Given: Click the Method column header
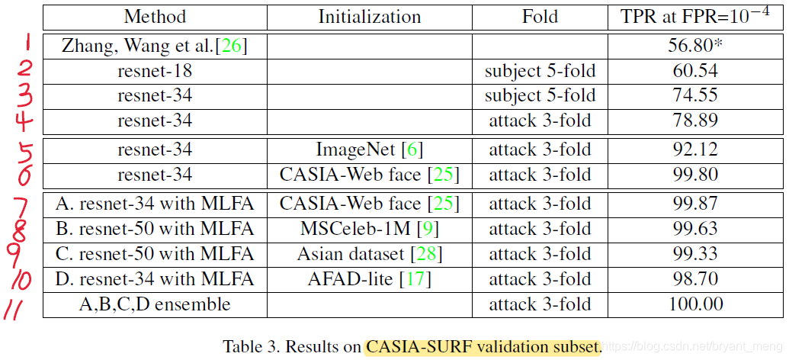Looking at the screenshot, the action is [155, 16].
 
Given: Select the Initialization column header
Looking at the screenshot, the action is [369, 16].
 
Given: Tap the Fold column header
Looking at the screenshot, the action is [540, 16].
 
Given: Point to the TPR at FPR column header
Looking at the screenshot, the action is [694, 15].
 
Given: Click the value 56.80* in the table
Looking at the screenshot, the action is [694, 46].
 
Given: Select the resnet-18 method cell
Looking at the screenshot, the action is [155, 72].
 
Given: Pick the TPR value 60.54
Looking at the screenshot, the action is [694, 72].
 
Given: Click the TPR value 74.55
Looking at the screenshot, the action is [694, 96].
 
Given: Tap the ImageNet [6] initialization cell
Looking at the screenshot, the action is [369, 150].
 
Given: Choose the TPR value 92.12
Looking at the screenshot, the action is [694, 150].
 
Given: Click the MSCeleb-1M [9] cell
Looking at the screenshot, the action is [369, 229].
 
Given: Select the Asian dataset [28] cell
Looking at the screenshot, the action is [369, 254].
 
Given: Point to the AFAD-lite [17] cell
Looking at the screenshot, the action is [369, 279].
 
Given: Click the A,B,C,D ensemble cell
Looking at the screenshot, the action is [155, 304].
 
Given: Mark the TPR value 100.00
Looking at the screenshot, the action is [694, 304].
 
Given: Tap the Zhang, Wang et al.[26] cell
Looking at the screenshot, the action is [155, 46].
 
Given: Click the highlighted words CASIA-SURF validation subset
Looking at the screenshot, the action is [483, 347].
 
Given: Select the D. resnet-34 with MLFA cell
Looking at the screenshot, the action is [155, 279].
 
